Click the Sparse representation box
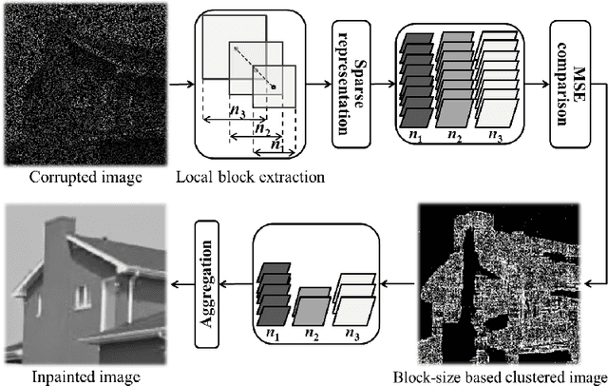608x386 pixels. [350, 85]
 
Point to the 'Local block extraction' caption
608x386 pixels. [249, 177]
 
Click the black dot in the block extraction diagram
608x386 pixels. [274, 88]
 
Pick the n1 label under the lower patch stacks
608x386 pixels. [275, 333]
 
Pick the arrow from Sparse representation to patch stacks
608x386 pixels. [382, 85]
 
